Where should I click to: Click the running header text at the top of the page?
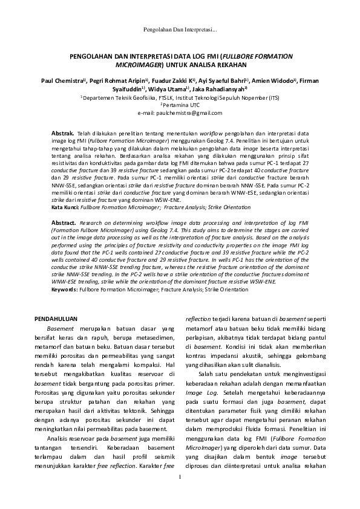[180, 30]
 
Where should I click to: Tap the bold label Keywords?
[64, 290]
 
